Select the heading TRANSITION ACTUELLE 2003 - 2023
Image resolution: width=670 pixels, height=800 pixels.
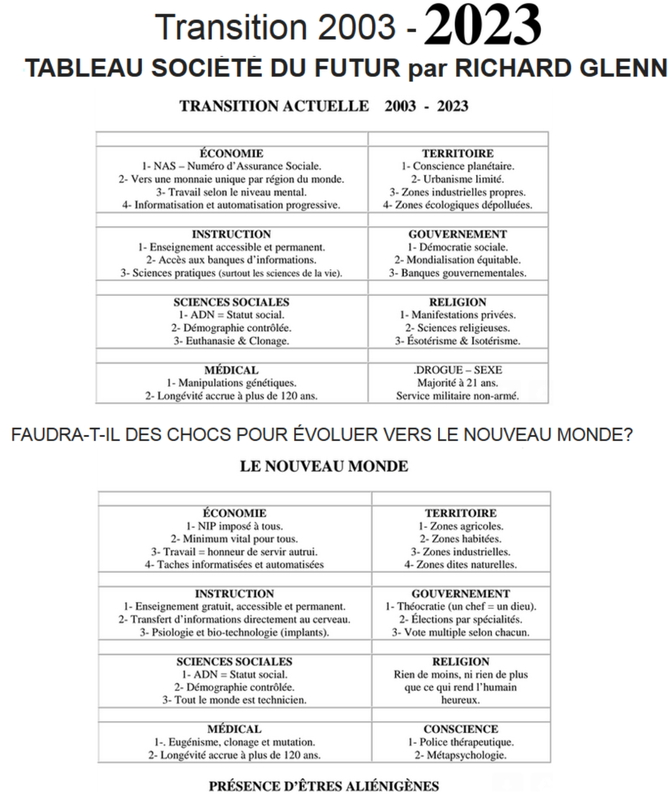tap(324, 106)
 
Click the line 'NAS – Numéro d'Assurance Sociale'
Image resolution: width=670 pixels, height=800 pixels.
tap(231, 166)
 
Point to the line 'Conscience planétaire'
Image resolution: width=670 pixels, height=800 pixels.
tap(458, 166)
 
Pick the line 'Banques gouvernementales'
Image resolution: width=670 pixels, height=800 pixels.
tap(458, 273)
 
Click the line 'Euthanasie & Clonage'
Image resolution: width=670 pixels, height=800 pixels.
tap(231, 340)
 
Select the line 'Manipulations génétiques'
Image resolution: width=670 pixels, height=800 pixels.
tap(231, 383)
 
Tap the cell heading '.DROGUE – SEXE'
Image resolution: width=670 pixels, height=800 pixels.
tap(458, 370)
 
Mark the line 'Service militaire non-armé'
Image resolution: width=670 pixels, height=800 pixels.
tap(458, 396)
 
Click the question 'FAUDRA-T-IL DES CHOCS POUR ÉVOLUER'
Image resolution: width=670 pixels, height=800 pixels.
tap(322, 435)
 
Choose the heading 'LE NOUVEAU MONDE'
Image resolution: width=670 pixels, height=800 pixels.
tap(324, 466)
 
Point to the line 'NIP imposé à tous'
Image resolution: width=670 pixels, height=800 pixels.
tap(234, 526)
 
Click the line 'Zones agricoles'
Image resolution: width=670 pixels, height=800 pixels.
tap(461, 526)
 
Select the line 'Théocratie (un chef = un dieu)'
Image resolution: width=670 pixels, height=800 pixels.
tap(461, 607)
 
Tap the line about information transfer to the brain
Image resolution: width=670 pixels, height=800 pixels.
tap(234, 620)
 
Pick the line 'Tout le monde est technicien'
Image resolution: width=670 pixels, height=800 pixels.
tap(234, 700)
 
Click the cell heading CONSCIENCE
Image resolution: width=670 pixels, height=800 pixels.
tap(461, 729)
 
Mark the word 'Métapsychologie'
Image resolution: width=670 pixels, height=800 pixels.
tap(461, 755)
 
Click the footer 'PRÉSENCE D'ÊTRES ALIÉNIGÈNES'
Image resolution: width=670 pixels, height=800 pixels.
tap(324, 786)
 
